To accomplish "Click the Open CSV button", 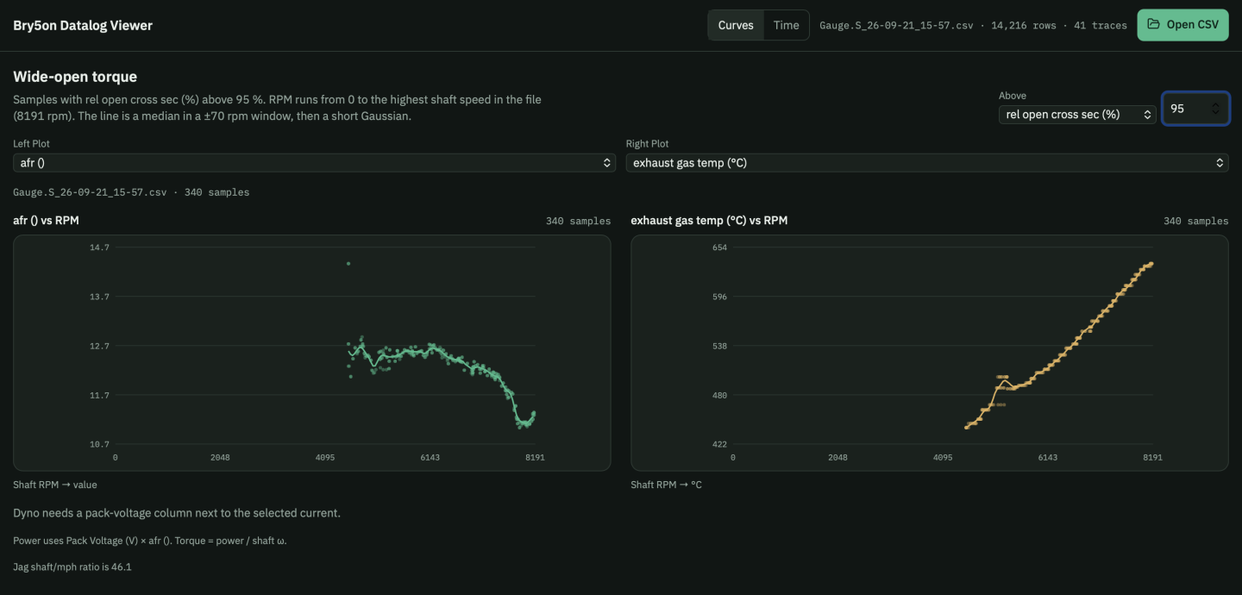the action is tap(1182, 25).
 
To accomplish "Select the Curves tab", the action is tap(735, 25).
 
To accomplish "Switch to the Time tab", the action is tap(786, 25).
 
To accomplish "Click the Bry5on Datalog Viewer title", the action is tap(83, 25).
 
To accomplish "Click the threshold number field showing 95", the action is tap(1195, 109).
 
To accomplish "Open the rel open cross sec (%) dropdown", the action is tap(1076, 115).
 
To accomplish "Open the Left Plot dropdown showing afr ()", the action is tap(314, 162).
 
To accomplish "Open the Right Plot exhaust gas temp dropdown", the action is tap(926, 162).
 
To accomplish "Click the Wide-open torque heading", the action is tap(75, 77).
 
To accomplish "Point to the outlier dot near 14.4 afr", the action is tap(348, 264).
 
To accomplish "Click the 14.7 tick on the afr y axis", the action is tap(99, 247).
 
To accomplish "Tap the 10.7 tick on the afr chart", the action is tap(99, 444).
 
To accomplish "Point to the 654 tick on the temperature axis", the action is tap(719, 247).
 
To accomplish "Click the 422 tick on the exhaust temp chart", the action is tap(719, 444).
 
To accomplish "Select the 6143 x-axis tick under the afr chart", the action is tap(430, 458).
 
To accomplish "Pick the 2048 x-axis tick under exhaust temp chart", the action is tap(837, 458).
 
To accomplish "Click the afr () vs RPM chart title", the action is tap(46, 220).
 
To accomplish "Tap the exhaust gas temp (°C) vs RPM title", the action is tap(709, 220).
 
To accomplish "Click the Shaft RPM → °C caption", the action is tap(666, 485).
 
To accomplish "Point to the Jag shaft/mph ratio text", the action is tap(72, 567).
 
